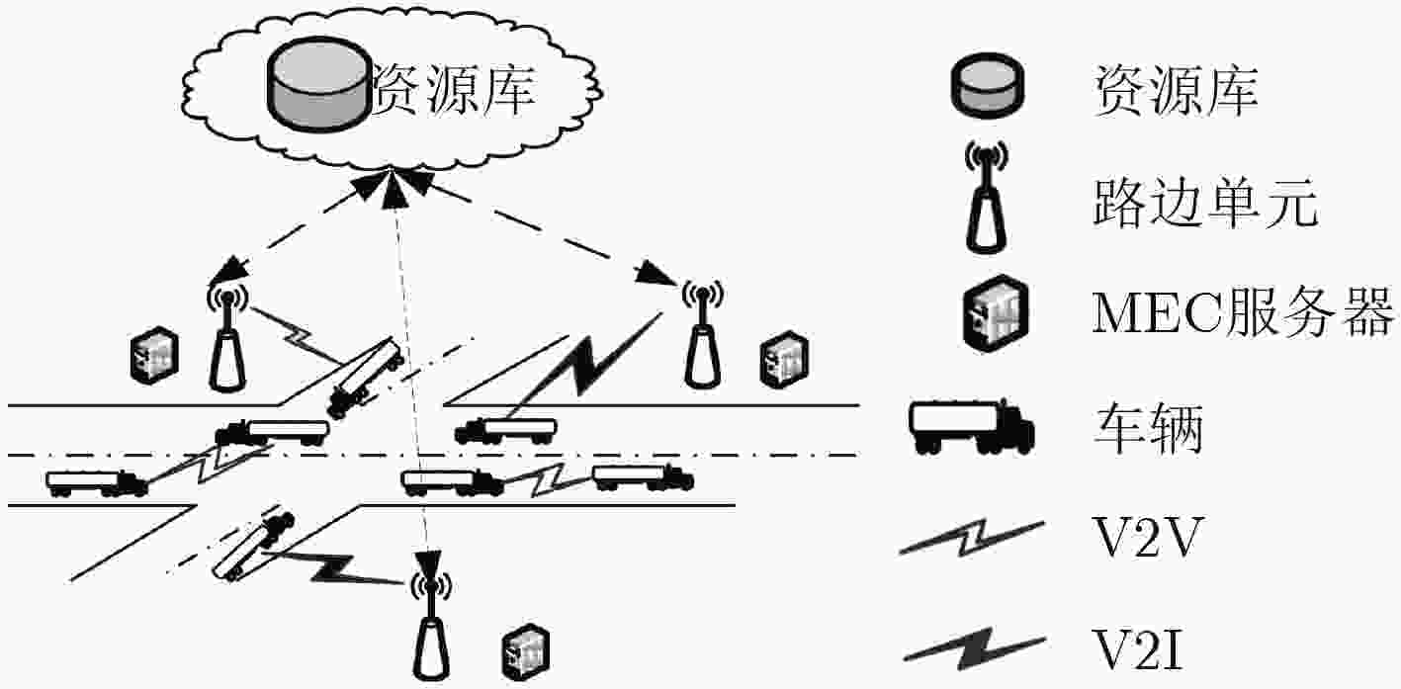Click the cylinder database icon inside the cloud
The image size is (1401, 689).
(319, 84)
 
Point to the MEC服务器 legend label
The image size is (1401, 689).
(1243, 311)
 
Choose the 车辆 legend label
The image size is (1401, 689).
(1148, 428)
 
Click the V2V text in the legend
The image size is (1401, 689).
(1147, 537)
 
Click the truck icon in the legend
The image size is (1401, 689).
(971, 425)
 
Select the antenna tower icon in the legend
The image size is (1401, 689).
(987, 197)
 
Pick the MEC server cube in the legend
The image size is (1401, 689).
(996, 312)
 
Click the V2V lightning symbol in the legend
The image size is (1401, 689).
(971, 538)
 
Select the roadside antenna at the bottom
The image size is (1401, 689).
(431, 625)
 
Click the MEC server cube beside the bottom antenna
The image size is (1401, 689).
(526, 652)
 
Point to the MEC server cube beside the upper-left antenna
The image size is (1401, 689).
(154, 355)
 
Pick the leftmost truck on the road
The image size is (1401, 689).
(97, 483)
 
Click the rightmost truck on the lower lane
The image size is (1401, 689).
(643, 477)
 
